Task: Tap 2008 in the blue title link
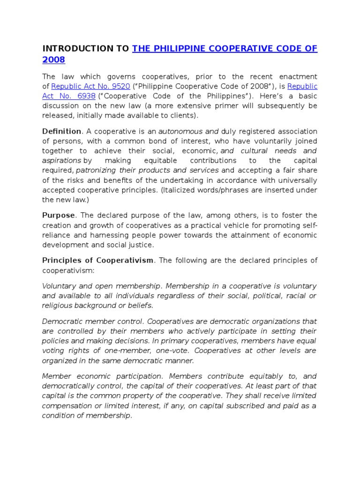pos(53,60)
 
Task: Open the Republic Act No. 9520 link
pos(90,86)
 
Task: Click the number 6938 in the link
pos(84,96)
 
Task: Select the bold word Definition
pos(61,131)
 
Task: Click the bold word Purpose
pos(59,215)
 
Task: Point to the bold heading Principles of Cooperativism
pos(97,260)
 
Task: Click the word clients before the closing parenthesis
pos(182,115)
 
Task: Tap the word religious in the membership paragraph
pos(58,306)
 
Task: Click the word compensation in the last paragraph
pos(65,405)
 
